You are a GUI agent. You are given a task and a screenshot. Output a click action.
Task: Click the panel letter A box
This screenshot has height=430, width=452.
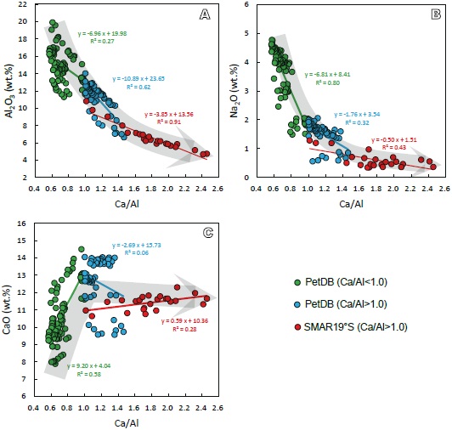[x=204, y=14]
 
